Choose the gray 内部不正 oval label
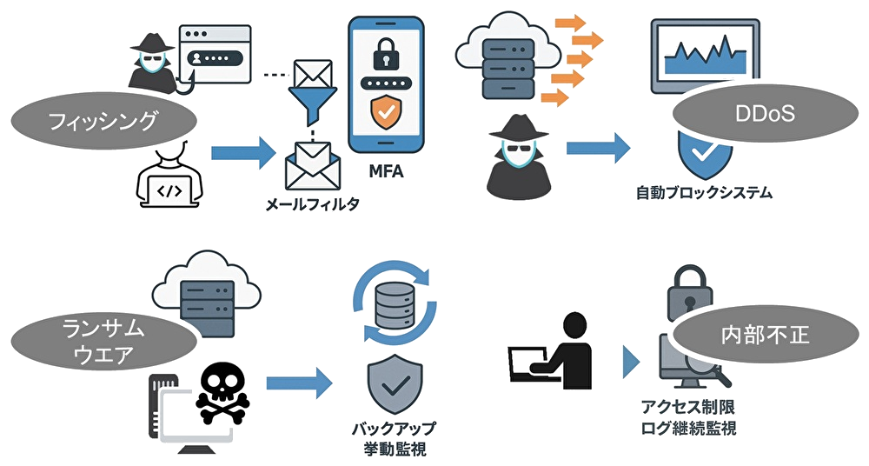click(x=753, y=335)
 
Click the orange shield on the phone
click(x=385, y=113)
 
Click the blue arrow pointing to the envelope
click(x=242, y=155)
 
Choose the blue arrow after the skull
click(x=299, y=382)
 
